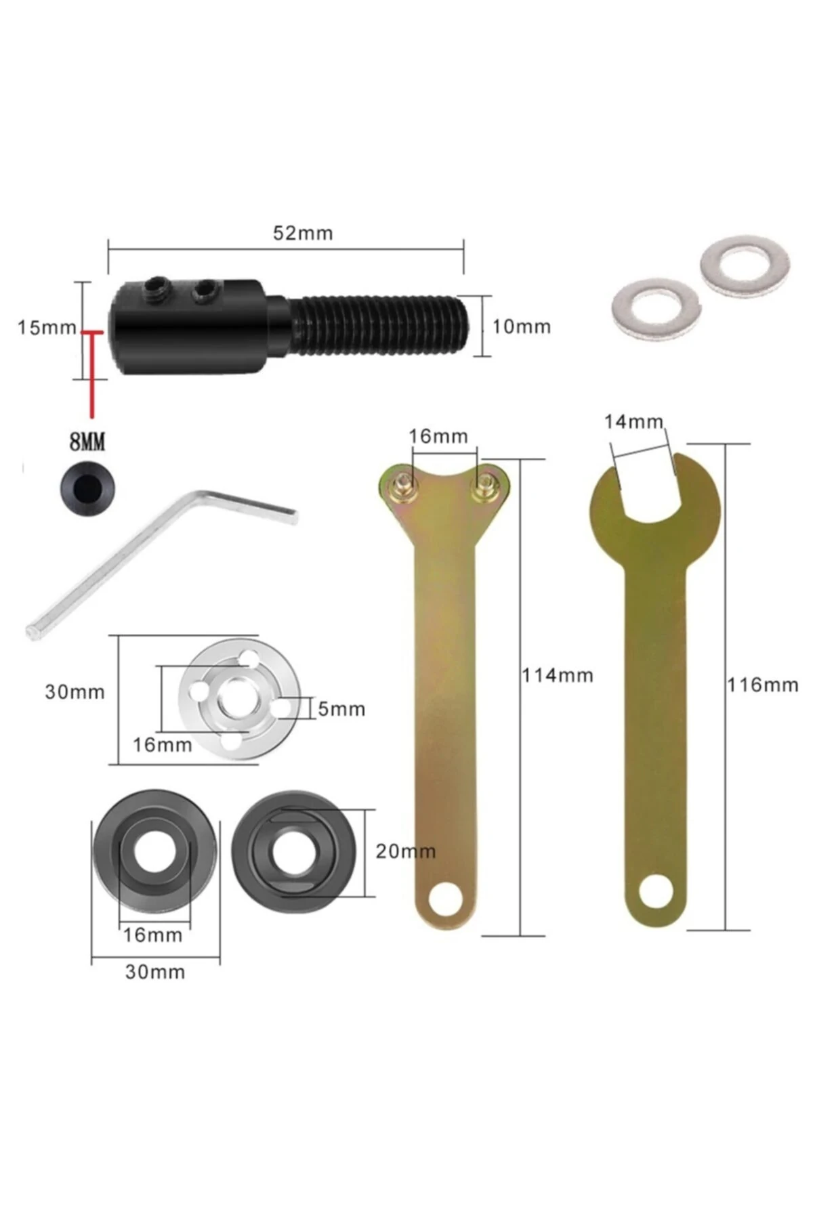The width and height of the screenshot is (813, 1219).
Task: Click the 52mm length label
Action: click(x=303, y=234)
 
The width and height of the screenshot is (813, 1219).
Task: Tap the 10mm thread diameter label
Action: click(x=521, y=327)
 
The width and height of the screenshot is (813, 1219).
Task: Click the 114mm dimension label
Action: click(x=557, y=675)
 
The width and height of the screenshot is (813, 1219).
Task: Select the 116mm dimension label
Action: click(x=763, y=685)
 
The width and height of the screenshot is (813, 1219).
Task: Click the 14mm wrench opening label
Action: click(x=633, y=422)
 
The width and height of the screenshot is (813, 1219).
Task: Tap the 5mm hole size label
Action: click(x=341, y=709)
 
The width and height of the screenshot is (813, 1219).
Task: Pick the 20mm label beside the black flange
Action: click(x=405, y=851)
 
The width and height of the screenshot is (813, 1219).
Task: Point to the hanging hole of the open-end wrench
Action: click(x=654, y=891)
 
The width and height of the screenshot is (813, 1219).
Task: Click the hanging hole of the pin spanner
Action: click(x=444, y=898)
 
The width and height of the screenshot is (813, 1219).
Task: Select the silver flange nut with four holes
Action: click(x=239, y=700)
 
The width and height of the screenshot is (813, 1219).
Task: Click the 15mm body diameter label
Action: click(x=46, y=328)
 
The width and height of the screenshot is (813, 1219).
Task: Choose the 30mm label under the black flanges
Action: click(x=155, y=972)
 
